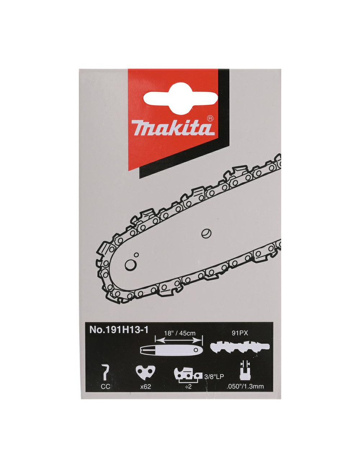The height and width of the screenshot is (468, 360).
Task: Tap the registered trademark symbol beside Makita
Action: click(x=211, y=118)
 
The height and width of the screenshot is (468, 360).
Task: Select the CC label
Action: click(x=105, y=387)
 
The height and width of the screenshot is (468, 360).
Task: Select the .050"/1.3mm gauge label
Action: click(x=245, y=387)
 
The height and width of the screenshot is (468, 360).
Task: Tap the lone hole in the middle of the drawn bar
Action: click(x=206, y=232)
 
